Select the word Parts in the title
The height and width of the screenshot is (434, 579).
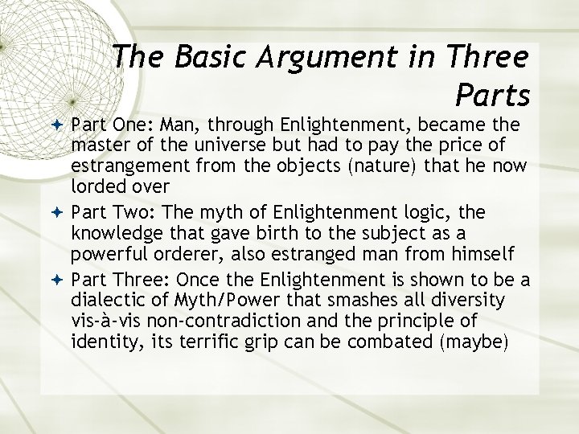point(491,96)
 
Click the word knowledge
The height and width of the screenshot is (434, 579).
point(117,232)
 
